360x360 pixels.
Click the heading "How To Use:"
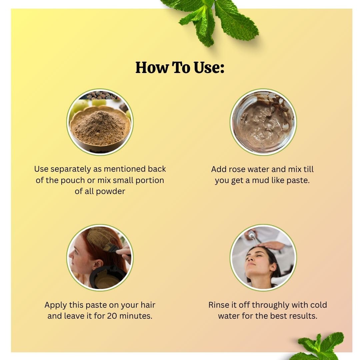[x=180, y=67]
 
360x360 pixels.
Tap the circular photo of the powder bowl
[x=100, y=122]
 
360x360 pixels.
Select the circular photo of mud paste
[x=263, y=122]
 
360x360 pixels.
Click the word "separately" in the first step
[x=71, y=169]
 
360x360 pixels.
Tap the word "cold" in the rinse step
[x=318, y=305]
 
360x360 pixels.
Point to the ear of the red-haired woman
[x=98, y=264]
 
